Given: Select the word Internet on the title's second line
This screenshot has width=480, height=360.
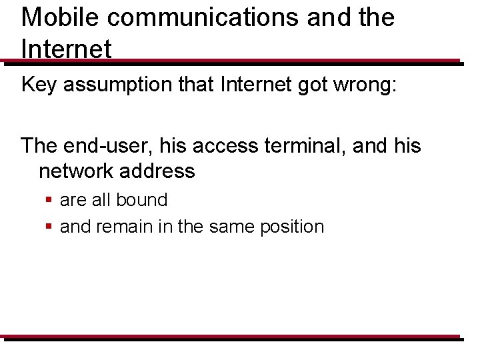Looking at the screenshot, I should [x=66, y=49].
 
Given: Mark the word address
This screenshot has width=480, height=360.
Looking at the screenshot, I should [x=161, y=171].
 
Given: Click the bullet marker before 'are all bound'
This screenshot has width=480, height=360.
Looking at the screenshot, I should [x=49, y=200].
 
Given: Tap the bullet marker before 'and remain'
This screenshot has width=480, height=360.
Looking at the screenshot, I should [x=49, y=227].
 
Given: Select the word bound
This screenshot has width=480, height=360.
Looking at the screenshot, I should [x=141, y=199].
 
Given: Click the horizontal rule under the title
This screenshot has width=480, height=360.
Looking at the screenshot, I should [x=230, y=62].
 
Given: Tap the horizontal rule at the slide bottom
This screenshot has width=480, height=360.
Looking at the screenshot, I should [x=230, y=337].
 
